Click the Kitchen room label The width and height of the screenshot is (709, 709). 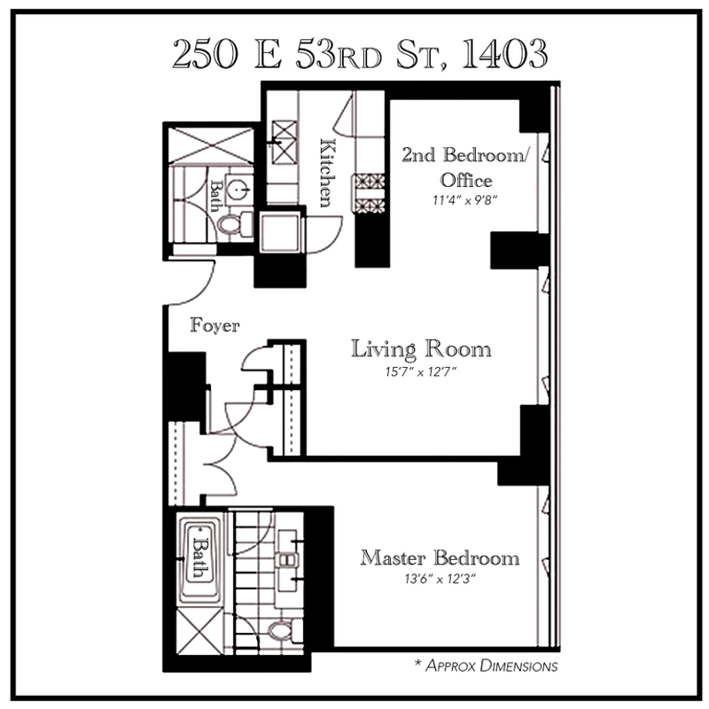pyautogui.click(x=328, y=173)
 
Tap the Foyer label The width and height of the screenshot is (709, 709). pyautogui.click(x=214, y=325)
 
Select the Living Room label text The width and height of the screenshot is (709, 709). pyautogui.click(x=421, y=349)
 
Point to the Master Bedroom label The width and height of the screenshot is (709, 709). pyautogui.click(x=440, y=558)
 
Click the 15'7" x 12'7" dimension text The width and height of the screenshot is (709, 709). pyautogui.click(x=420, y=372)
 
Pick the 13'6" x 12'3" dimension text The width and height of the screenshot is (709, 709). pyautogui.click(x=440, y=579)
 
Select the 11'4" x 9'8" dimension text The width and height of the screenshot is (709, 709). pyautogui.click(x=464, y=200)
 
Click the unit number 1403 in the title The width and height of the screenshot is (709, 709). pyautogui.click(x=504, y=54)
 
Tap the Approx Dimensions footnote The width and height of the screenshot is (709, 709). pyautogui.click(x=487, y=666)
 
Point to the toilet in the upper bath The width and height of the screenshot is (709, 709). pyautogui.click(x=234, y=224)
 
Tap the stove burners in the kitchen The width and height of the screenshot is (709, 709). pyautogui.click(x=370, y=193)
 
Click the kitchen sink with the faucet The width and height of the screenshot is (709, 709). pyautogui.click(x=284, y=143)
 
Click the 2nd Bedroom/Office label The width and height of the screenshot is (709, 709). pyautogui.click(x=465, y=168)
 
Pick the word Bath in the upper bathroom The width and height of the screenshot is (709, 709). pyautogui.click(x=216, y=196)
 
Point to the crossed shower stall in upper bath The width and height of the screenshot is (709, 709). pyautogui.click(x=211, y=144)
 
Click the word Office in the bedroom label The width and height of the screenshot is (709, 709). pyautogui.click(x=466, y=181)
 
